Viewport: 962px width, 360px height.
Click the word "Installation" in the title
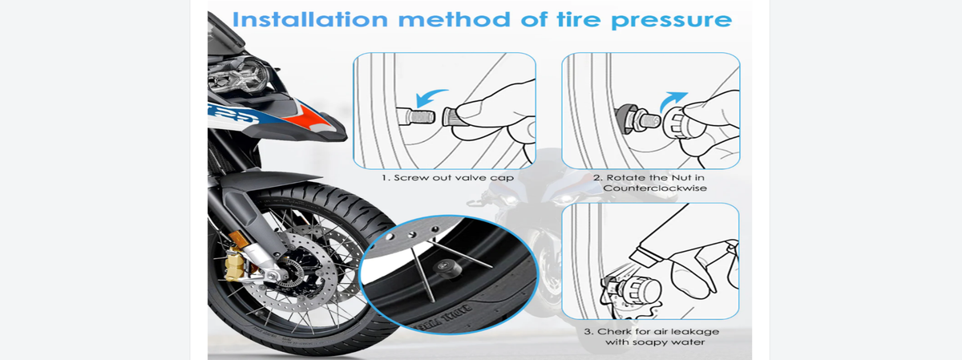coord(310,19)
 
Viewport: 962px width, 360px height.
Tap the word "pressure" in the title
coord(671,21)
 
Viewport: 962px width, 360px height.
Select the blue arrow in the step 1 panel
coord(431,98)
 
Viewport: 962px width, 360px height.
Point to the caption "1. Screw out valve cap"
coord(447,178)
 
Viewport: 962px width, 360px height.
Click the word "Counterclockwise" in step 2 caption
coord(655,188)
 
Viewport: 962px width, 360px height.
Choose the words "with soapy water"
coord(655,342)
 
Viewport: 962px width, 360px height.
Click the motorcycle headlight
coord(239,76)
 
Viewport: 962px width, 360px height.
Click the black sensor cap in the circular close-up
coord(447,269)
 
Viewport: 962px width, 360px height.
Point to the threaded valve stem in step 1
coord(416,116)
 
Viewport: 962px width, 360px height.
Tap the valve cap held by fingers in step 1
coord(451,117)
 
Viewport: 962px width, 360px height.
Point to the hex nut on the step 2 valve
coord(626,118)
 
